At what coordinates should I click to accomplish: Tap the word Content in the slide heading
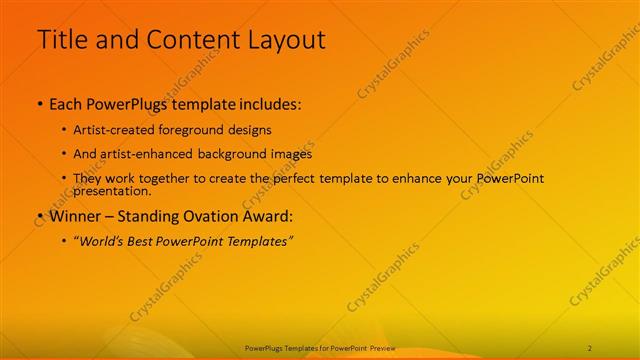point(190,40)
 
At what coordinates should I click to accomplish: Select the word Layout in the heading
point(283,40)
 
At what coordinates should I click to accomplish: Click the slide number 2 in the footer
point(589,347)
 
